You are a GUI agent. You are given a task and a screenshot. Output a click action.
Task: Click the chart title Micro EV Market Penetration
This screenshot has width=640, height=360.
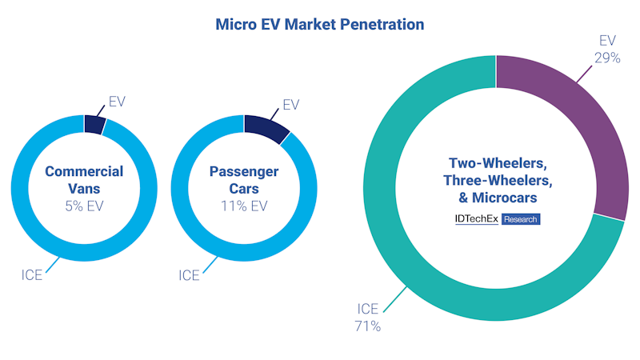(x=320, y=25)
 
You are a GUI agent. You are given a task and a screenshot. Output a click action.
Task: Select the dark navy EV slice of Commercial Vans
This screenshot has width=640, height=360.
(x=94, y=125)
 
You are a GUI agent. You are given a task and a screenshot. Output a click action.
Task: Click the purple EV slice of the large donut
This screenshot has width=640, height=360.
(x=567, y=135)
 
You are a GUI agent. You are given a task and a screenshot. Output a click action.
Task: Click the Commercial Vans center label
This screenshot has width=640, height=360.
(x=84, y=180)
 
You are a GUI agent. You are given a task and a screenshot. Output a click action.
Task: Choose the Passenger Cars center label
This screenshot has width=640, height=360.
(x=244, y=180)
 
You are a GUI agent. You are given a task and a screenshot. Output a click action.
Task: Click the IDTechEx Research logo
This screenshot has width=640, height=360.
(x=496, y=218)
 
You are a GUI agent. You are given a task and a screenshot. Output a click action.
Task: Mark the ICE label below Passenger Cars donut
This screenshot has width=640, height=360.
(x=189, y=275)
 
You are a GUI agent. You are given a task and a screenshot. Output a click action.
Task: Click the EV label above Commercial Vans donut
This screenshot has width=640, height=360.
(x=117, y=102)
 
